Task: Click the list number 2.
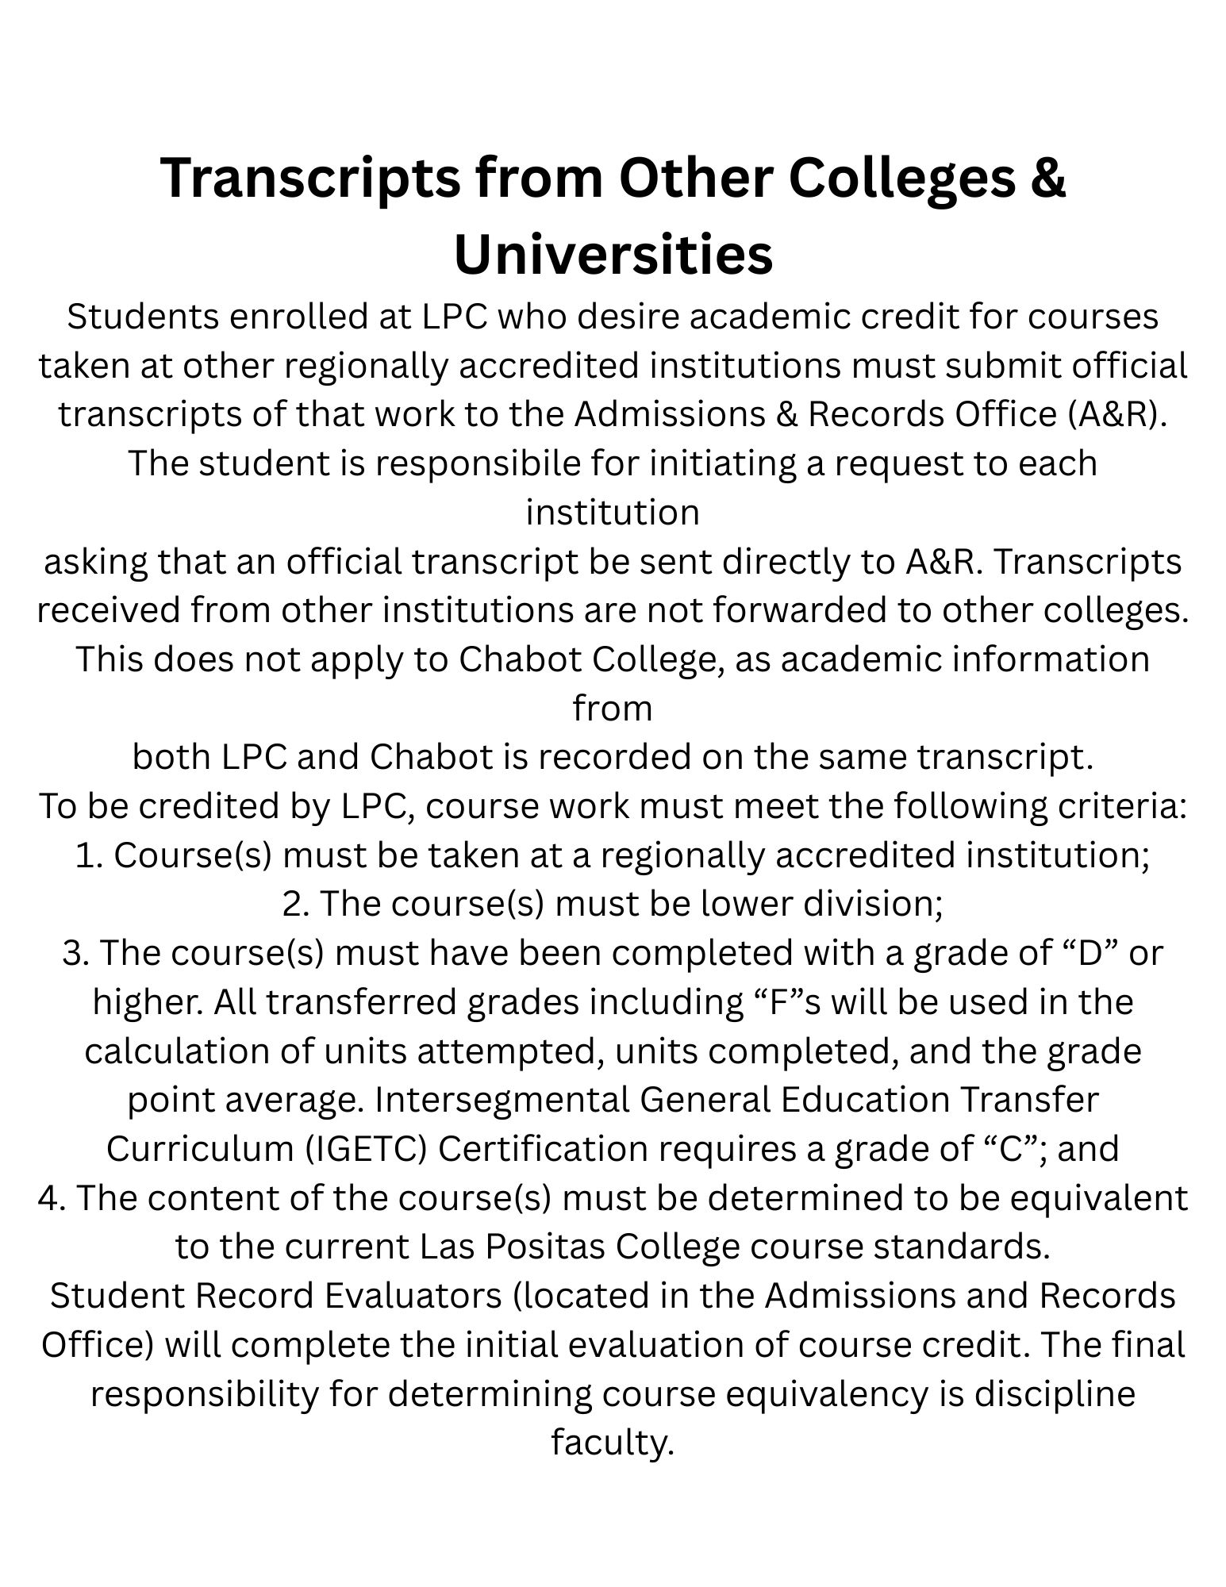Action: pos(295,904)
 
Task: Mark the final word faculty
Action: pos(613,1443)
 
